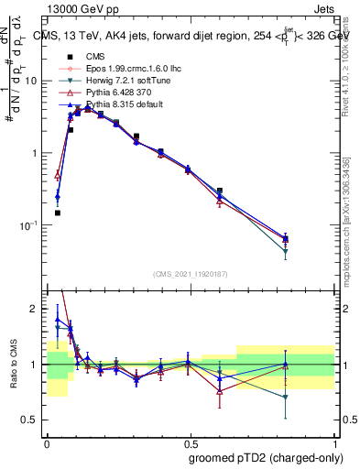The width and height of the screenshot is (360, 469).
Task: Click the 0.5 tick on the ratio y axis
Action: point(31,420)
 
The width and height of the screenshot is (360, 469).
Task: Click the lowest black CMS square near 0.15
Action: point(57,213)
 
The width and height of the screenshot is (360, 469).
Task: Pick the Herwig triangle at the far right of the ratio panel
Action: point(285,398)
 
